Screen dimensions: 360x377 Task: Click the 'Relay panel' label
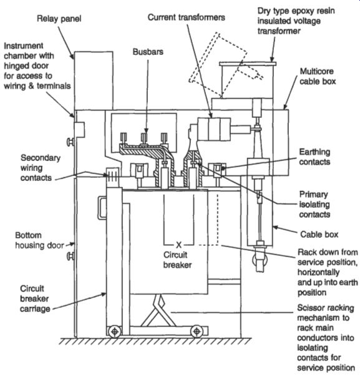pyautogui.click(x=59, y=19)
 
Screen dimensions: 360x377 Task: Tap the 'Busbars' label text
pyautogui.click(x=148, y=52)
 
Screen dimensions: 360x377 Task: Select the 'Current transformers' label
pyautogui.click(x=187, y=17)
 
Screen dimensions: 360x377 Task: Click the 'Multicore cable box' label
pyautogui.click(x=317, y=76)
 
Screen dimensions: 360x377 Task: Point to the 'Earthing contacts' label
pyautogui.click(x=314, y=157)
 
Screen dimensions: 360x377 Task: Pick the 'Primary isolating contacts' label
pyautogui.click(x=314, y=204)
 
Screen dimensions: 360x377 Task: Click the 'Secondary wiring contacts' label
pyautogui.click(x=41, y=167)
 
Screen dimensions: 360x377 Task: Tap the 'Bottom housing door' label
pyautogui.click(x=40, y=240)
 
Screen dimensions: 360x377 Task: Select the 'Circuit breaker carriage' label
pyautogui.click(x=35, y=298)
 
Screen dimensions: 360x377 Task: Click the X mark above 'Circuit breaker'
pyautogui.click(x=178, y=245)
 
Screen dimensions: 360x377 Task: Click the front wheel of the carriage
pyautogui.click(x=115, y=332)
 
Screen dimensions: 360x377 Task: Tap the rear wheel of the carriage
pyautogui.click(x=197, y=332)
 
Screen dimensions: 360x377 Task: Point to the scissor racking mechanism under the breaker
pyautogui.click(x=157, y=311)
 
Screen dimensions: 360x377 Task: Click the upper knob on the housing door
pyautogui.click(x=70, y=142)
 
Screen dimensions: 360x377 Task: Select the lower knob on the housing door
pyautogui.click(x=70, y=256)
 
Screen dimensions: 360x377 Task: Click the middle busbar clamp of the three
pyautogui.click(x=144, y=138)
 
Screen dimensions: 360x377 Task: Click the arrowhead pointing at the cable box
pyautogui.click(x=275, y=227)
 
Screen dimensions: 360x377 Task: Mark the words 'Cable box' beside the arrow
pyautogui.click(x=319, y=235)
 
